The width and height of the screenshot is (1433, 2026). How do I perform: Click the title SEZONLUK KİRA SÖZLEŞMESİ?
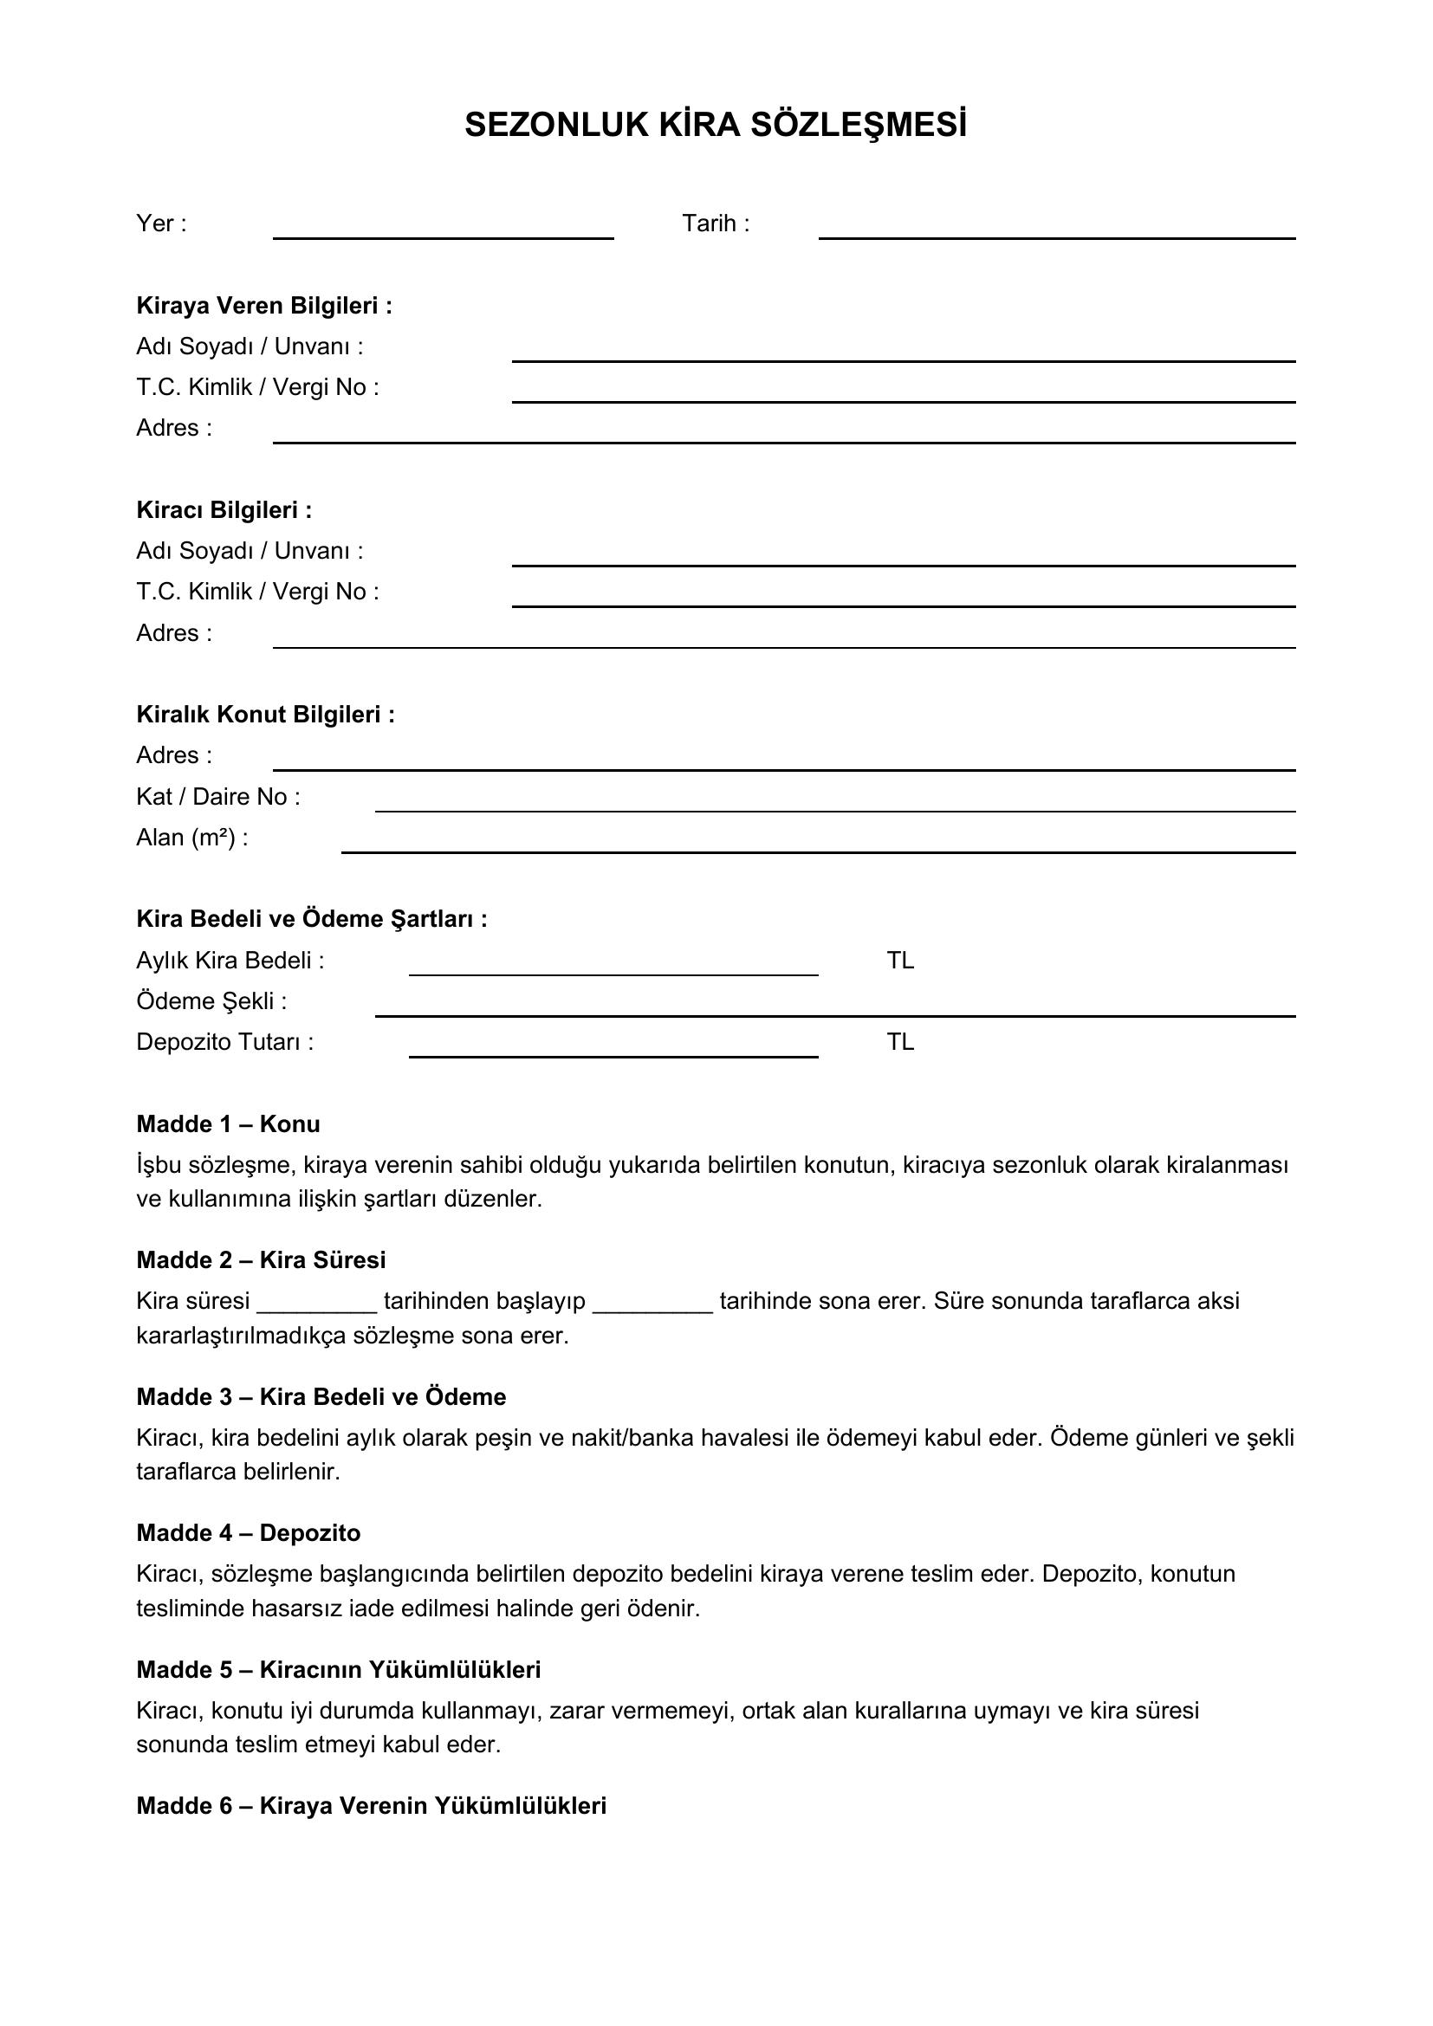click(716, 126)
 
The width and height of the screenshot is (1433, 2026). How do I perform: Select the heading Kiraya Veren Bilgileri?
click(264, 305)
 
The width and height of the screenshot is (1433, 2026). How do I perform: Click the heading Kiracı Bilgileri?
click(224, 510)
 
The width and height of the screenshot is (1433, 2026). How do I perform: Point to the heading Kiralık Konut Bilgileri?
click(266, 714)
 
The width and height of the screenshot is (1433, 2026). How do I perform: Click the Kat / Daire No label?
click(218, 797)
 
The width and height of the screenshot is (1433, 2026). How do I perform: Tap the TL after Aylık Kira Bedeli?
click(900, 960)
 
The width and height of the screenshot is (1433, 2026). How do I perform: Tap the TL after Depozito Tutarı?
click(900, 1042)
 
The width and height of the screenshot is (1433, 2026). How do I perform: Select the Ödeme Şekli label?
click(211, 1001)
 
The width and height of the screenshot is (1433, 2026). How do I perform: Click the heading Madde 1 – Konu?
click(228, 1124)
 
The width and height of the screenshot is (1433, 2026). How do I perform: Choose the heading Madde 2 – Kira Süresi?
click(261, 1260)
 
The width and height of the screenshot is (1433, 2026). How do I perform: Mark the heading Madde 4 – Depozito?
click(248, 1533)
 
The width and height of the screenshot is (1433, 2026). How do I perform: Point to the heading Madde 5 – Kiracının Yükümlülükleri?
click(338, 1669)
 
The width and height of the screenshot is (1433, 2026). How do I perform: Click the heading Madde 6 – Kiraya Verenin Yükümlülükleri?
click(372, 1805)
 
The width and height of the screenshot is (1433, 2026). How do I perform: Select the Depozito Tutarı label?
click(225, 1042)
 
